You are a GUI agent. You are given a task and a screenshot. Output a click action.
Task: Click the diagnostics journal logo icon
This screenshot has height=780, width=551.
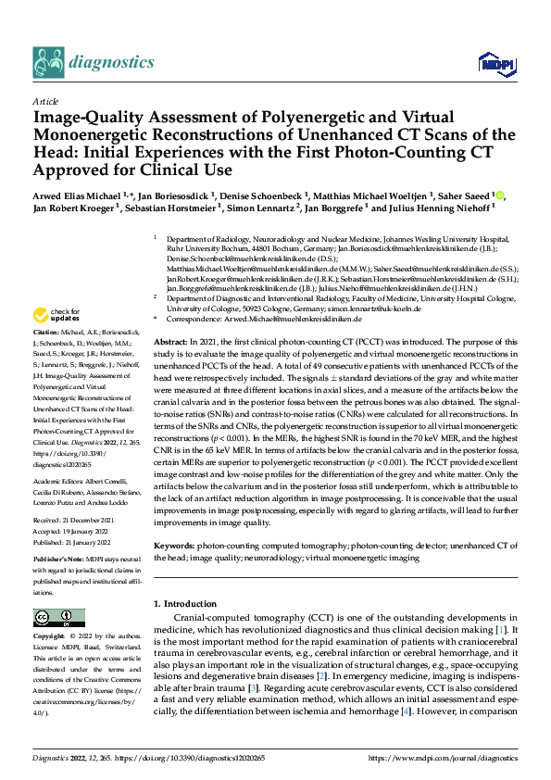click(52, 62)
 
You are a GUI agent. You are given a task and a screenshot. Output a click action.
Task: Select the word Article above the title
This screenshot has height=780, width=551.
click(45, 101)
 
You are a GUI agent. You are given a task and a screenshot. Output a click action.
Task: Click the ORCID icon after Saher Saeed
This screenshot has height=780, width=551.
click(501, 195)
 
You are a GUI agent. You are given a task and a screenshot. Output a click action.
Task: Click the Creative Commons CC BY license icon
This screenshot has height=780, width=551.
click(58, 618)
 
